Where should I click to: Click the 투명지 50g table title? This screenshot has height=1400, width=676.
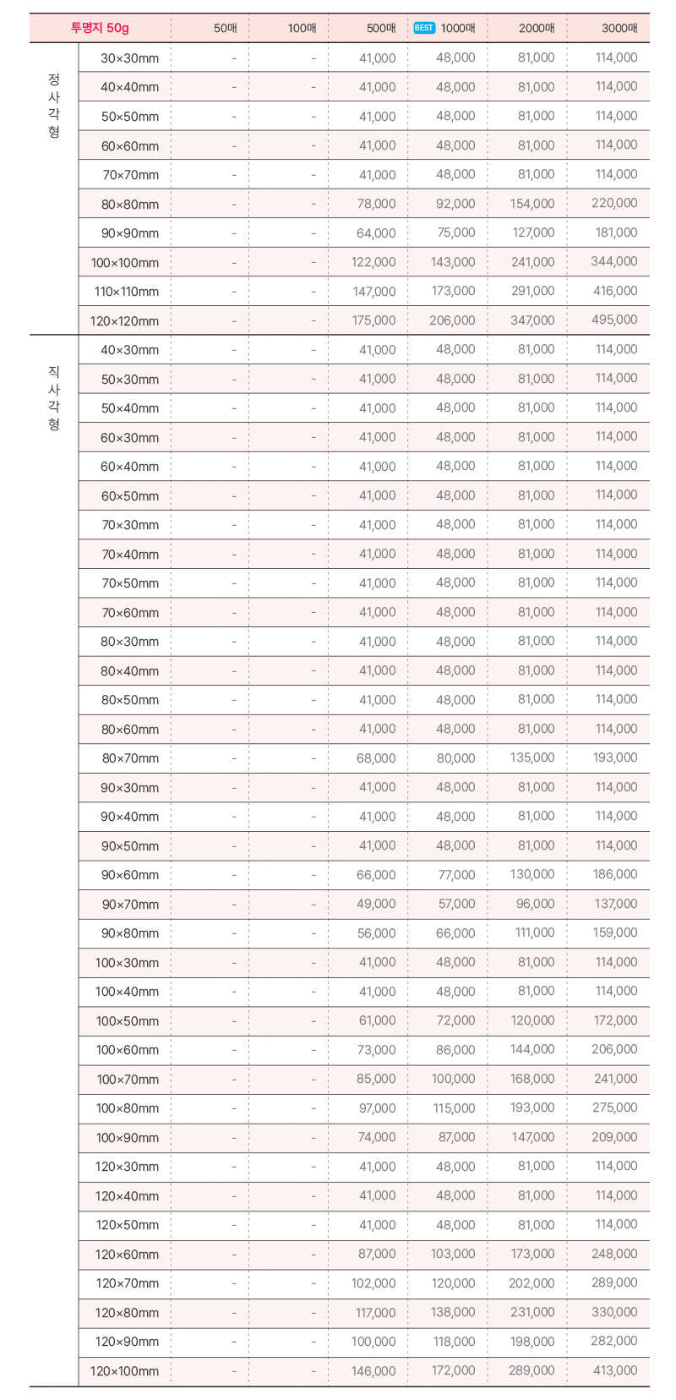pyautogui.click(x=100, y=28)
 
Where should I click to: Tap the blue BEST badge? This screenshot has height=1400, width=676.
pyautogui.click(x=424, y=28)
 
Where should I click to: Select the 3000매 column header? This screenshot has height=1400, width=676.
pyautogui.click(x=619, y=28)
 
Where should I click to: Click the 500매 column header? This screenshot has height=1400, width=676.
pyautogui.click(x=381, y=28)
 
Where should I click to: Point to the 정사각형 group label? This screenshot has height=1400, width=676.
pyautogui.click(x=54, y=105)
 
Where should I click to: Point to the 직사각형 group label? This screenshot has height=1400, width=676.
pyautogui.click(x=54, y=397)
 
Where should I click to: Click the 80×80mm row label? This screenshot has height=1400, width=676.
pyautogui.click(x=130, y=204)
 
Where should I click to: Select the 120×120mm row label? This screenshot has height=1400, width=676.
pyautogui.click(x=124, y=320)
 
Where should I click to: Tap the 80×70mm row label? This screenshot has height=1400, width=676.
pyautogui.click(x=130, y=758)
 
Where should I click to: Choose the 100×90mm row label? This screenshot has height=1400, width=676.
pyautogui.click(x=127, y=1137)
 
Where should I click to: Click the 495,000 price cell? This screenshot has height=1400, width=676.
pyautogui.click(x=614, y=320)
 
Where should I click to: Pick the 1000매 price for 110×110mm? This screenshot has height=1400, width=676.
pyautogui.click(x=453, y=291)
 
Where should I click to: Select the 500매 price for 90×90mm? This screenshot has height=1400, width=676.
pyautogui.click(x=376, y=232)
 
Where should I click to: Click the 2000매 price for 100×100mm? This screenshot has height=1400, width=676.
pyautogui.click(x=533, y=262)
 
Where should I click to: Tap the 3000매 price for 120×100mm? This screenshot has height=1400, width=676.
pyautogui.click(x=615, y=1370)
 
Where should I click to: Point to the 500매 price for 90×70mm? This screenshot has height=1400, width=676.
pyautogui.click(x=376, y=904)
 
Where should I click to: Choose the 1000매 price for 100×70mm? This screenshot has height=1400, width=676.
pyautogui.click(x=453, y=1079)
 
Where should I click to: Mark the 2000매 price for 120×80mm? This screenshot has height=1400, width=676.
pyautogui.click(x=533, y=1312)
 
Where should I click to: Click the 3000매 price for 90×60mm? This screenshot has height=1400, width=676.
pyautogui.click(x=615, y=874)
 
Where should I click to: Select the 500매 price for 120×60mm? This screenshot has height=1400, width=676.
pyautogui.click(x=376, y=1254)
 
